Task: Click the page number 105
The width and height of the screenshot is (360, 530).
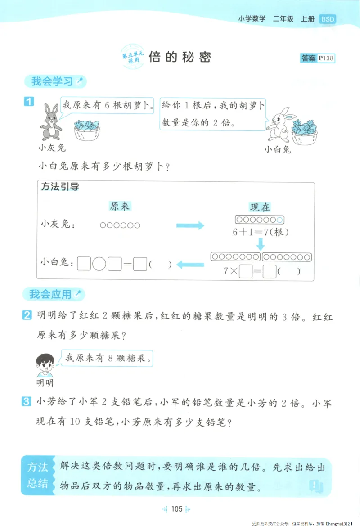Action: click(176, 509)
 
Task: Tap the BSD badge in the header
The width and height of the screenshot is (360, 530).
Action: click(327, 19)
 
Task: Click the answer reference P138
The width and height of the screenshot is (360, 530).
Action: click(325, 58)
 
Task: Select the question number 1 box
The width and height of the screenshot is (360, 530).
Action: click(28, 102)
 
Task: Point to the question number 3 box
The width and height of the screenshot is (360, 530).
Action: click(27, 401)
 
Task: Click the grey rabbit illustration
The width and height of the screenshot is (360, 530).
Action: click(49, 122)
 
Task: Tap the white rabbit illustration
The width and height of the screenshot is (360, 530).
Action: click(280, 125)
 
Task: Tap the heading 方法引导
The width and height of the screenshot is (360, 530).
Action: click(60, 187)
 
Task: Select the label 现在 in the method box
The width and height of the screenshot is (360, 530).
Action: click(260, 207)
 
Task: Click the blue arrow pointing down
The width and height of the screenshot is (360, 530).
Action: click(260, 244)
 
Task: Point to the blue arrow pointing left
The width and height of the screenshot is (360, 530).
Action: click(190, 265)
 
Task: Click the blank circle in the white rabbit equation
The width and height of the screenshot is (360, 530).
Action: click(99, 264)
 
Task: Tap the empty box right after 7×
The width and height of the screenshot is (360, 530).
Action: click(245, 272)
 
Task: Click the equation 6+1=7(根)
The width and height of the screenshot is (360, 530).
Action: click(260, 233)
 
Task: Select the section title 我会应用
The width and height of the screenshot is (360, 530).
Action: click(50, 295)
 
